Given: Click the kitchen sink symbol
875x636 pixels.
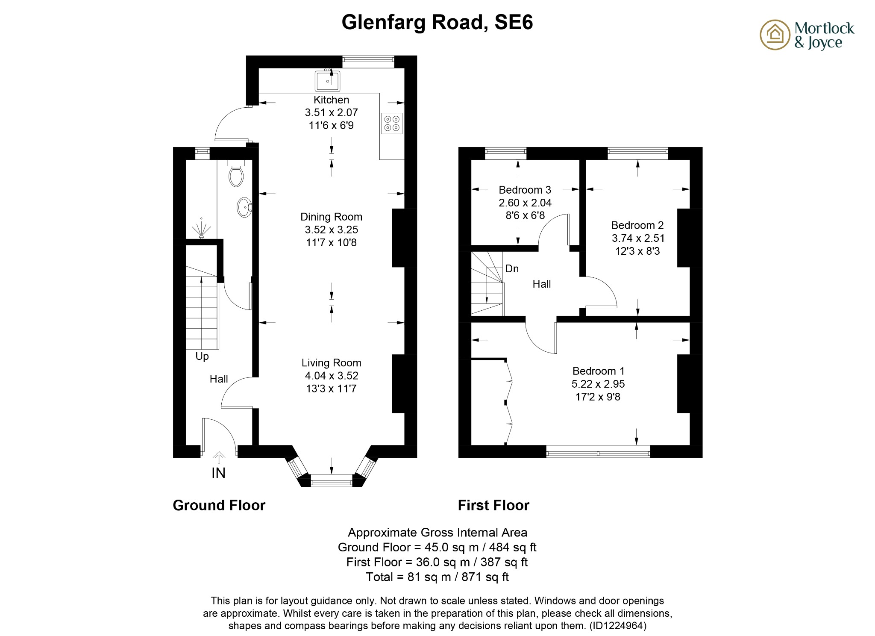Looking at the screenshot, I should pyautogui.click(x=327, y=81).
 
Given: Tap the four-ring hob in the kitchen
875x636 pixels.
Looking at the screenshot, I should pyautogui.click(x=392, y=123).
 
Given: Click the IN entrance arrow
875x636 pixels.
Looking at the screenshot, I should pyautogui.click(x=219, y=458).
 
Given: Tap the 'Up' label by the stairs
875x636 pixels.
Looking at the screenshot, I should pyautogui.click(x=202, y=356).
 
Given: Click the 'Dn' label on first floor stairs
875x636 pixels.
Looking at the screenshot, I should pyautogui.click(x=512, y=268).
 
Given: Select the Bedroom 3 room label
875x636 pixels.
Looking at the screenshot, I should pyautogui.click(x=525, y=190).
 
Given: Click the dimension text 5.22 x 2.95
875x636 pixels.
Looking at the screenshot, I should pyautogui.click(x=598, y=384).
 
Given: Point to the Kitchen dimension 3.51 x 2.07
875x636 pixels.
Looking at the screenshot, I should pyautogui.click(x=331, y=112).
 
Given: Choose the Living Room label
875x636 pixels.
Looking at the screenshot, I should pyautogui.click(x=331, y=363).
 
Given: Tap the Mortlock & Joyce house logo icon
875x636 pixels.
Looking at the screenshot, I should pyautogui.click(x=775, y=35).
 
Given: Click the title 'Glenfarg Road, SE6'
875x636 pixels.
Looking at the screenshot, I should pyautogui.click(x=437, y=22).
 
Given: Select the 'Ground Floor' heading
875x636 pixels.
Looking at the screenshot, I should pyautogui.click(x=219, y=505).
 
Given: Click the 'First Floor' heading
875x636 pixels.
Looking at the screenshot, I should pyautogui.click(x=493, y=505).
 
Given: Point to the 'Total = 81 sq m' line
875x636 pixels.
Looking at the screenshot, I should pyautogui.click(x=437, y=577).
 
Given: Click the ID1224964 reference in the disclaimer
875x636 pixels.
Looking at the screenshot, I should pyautogui.click(x=617, y=626).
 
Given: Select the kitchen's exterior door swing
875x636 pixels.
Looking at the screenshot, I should pyautogui.click(x=229, y=122).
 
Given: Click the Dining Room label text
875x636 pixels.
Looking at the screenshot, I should pyautogui.click(x=331, y=217).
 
